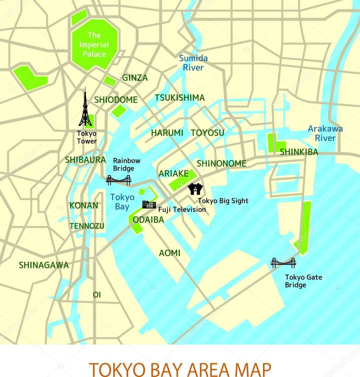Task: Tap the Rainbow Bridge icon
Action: [x=119, y=180]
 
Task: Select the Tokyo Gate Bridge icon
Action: [x=283, y=263]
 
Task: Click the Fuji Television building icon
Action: [x=149, y=205]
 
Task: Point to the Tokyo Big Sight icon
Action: [x=195, y=189]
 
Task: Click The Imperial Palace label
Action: [x=94, y=45]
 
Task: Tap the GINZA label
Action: [x=135, y=78]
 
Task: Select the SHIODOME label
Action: [x=116, y=100]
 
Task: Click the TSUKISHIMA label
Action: [x=180, y=98]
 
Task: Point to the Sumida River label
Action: [x=193, y=63]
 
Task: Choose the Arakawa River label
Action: [x=325, y=133]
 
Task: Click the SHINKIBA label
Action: [x=299, y=152]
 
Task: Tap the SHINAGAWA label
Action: [x=44, y=265]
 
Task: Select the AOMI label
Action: [x=170, y=253]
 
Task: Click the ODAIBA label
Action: [x=148, y=220]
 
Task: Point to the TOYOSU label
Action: [x=207, y=133]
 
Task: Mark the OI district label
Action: [x=97, y=295]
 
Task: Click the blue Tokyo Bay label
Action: [x=122, y=202]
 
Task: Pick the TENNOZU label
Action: [x=87, y=226]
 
